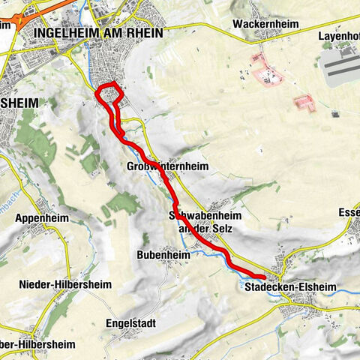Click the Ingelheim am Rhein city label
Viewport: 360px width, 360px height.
(x=97, y=33)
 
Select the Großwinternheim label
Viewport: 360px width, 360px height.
(x=166, y=166)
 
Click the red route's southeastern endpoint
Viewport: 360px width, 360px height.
(x=259, y=280)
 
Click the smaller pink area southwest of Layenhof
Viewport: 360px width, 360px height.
(x=305, y=103)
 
